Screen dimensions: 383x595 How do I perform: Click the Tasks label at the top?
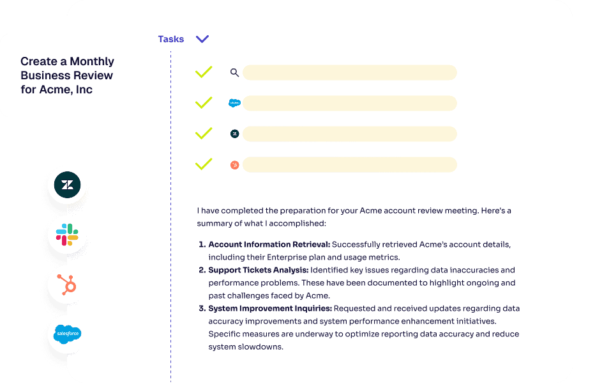click(x=170, y=39)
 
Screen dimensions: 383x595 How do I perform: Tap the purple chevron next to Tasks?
click(x=202, y=39)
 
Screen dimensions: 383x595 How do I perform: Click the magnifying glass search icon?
click(x=234, y=73)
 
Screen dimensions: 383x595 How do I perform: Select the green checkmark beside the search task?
click(x=203, y=72)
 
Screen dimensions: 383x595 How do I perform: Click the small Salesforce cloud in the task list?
click(x=234, y=103)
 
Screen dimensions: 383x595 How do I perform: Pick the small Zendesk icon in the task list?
click(x=234, y=134)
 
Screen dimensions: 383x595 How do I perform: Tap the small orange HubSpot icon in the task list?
click(x=234, y=165)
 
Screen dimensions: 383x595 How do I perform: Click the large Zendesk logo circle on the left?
click(x=66, y=186)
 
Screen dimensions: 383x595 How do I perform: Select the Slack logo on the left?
click(x=66, y=235)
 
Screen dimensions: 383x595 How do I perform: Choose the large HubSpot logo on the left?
click(x=66, y=285)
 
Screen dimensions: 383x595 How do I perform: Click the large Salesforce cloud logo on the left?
click(x=67, y=334)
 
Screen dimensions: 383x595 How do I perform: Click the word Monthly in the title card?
click(x=92, y=61)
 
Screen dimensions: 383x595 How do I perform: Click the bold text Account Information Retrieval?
click(x=269, y=244)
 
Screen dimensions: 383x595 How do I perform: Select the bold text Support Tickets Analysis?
click(x=260, y=270)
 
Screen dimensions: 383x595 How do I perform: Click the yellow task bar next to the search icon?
click(x=349, y=72)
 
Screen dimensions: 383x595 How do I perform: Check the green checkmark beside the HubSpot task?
click(x=203, y=164)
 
